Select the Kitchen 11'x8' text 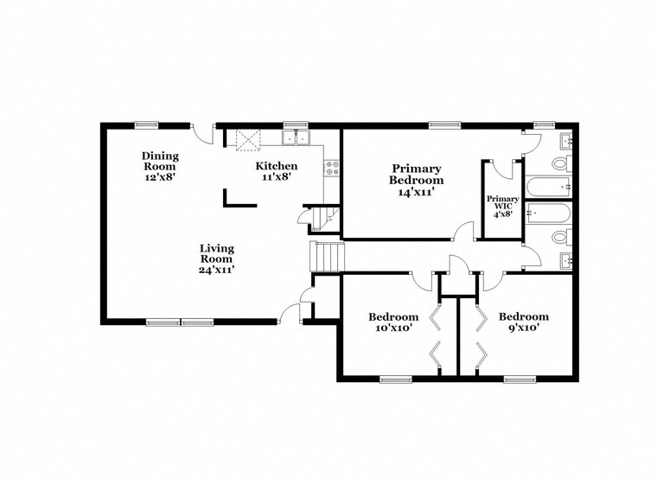[277, 170]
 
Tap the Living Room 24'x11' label [217, 258]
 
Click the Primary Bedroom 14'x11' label [417, 181]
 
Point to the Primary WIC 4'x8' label [502, 203]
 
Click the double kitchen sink [296, 138]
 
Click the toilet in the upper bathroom [561, 163]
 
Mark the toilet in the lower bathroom [561, 236]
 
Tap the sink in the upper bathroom [565, 140]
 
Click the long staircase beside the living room [327, 256]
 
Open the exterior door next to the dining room [202, 131]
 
